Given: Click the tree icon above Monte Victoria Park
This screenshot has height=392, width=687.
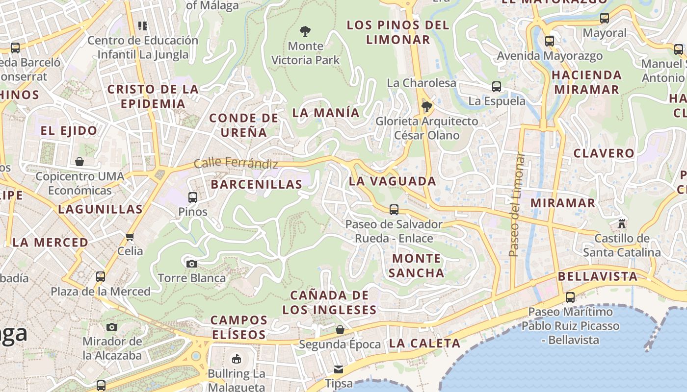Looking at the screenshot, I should pos(305,32).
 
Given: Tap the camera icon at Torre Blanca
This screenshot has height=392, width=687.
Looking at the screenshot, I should pos(192,264).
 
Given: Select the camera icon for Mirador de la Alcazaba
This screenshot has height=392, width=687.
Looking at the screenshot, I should pos(112,327).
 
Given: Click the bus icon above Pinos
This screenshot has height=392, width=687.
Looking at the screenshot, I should pos(193,197).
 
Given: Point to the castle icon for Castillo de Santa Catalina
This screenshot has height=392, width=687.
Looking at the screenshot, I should pos(622,224).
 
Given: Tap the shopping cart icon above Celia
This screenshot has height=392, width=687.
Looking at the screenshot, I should pos(130,237).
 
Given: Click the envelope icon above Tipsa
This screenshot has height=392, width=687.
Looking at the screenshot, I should pos(339,369).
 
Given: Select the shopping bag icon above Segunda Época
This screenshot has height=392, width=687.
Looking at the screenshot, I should pos(340,330).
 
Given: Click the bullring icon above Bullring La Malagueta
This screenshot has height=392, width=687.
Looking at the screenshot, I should pos(237,359).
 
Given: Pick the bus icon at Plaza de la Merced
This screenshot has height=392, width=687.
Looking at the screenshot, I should pos(101,276).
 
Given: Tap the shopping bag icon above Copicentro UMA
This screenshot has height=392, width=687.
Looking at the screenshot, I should pos(79,162).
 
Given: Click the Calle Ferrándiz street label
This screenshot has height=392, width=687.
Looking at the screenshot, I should pos(236,164).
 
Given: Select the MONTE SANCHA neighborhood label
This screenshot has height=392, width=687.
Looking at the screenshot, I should pos(417,265).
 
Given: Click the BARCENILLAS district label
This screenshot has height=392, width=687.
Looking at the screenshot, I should pos(257,184).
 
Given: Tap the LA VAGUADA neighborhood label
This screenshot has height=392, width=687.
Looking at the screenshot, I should pos(392,181).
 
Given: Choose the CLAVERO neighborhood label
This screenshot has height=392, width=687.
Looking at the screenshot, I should pos(604,153).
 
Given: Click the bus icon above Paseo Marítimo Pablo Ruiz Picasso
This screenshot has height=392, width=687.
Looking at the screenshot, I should pos(570,297).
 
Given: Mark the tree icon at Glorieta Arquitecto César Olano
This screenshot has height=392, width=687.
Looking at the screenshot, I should pos(426,106).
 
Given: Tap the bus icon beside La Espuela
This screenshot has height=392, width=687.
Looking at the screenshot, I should pos(497,87).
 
